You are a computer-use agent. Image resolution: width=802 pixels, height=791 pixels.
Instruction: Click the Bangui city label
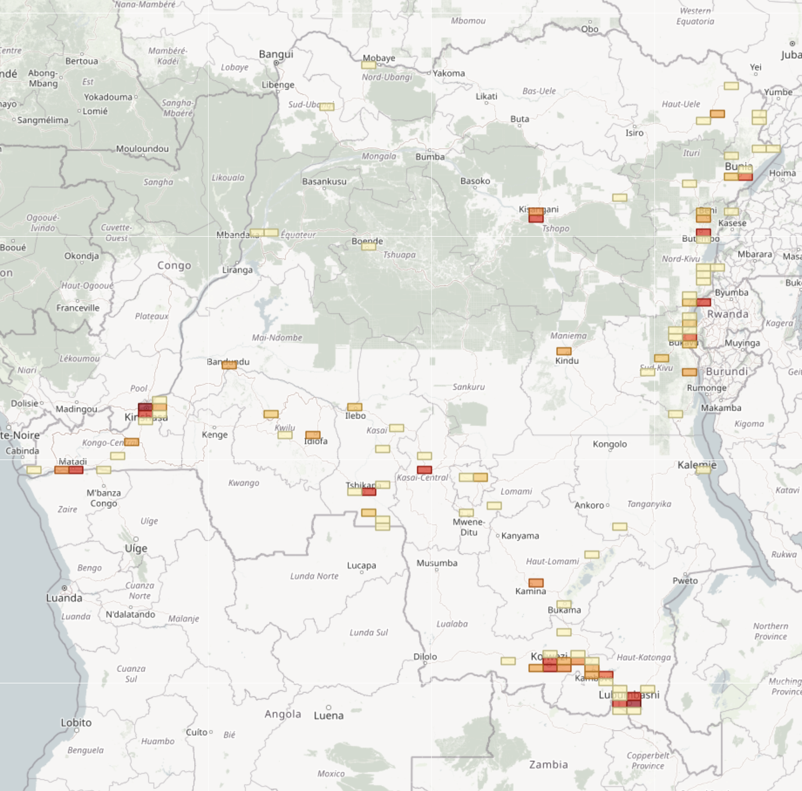pos(276,54)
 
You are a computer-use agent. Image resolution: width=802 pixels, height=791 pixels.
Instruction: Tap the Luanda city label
pos(64,598)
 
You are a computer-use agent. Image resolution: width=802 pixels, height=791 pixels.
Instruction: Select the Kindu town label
pos(567,361)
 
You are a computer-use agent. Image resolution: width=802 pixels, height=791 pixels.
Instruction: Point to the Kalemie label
pos(697,465)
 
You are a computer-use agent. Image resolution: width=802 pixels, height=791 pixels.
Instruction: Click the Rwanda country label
pos(728,314)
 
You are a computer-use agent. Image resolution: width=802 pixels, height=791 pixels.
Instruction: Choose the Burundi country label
pos(726,372)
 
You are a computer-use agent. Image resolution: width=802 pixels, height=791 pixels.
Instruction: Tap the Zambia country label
pos(548,764)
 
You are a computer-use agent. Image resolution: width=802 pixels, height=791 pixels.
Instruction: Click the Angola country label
pos(282,714)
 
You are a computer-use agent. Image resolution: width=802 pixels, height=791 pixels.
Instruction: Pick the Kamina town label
pos(530,592)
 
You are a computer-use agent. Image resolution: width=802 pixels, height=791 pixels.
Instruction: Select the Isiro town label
pos(634,133)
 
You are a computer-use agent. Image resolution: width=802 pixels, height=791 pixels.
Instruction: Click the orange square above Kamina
pos(536,582)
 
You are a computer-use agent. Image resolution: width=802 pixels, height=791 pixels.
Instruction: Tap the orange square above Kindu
pos(564,351)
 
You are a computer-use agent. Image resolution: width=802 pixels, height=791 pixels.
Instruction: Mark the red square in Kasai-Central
pos(424,470)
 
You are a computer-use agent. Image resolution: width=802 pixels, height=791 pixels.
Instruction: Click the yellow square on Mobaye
pos(368,65)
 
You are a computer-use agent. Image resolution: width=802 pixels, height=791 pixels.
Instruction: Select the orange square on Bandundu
pos(229,365)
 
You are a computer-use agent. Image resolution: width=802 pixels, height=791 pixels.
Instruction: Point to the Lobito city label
pos(76,722)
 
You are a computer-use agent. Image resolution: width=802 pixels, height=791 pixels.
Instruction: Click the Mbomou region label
pos(468,21)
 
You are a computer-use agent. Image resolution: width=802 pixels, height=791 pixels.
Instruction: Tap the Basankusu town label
pos(324,181)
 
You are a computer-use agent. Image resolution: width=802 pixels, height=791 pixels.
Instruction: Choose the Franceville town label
pos(78,308)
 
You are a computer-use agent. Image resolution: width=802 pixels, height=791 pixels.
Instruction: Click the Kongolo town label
pos(610,444)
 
